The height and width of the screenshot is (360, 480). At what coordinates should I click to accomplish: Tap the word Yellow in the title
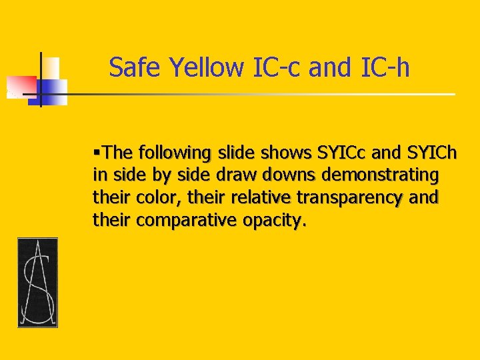point(207,67)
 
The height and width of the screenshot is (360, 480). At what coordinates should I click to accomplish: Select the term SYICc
point(344,153)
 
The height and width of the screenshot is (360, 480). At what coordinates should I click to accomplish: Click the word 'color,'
point(159,198)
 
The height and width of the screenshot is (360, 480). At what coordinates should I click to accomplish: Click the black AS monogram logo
point(37,282)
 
